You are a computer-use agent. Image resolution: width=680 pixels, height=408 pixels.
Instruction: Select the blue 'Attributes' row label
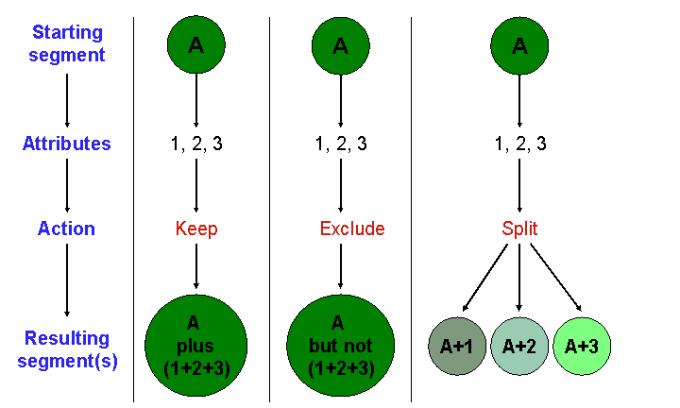66,144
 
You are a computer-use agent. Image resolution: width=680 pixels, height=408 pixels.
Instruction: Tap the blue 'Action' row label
66,229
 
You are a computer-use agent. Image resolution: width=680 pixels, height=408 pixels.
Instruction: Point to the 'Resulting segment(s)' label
66,348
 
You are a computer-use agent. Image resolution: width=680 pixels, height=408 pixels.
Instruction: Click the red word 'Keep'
196,229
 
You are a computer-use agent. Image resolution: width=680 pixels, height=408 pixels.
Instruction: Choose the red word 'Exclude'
351,229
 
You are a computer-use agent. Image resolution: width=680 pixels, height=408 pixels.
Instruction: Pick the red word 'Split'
520,229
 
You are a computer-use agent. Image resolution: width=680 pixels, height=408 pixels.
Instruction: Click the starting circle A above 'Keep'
195,44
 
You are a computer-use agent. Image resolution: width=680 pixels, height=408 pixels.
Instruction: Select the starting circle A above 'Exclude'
340,44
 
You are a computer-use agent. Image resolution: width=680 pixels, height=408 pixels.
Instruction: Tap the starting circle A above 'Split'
519,44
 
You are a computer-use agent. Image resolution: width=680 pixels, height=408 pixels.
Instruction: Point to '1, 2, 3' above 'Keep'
196,144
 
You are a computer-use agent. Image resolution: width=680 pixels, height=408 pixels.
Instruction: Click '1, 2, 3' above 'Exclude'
341,144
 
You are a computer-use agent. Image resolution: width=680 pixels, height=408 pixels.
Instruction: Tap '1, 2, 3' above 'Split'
520,144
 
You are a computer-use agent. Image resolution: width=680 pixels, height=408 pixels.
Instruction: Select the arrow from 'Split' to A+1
485,278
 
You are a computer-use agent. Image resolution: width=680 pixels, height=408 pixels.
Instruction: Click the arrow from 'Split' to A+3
554,278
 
